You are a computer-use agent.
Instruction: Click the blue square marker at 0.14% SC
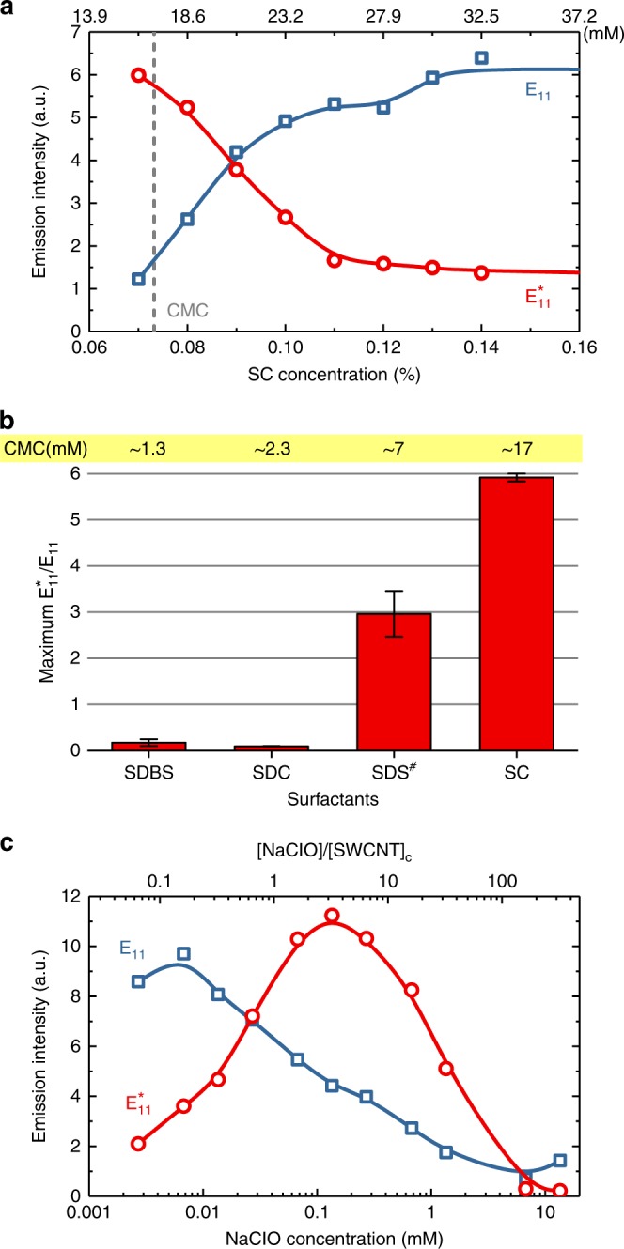pos(481,58)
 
